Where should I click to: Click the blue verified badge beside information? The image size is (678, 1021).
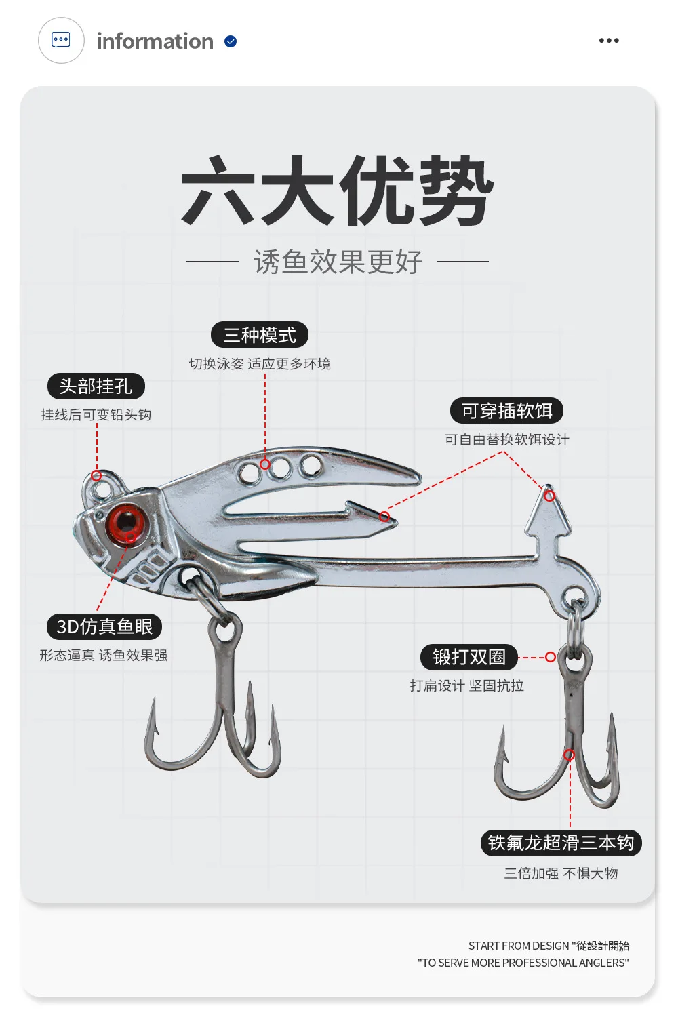[x=231, y=41]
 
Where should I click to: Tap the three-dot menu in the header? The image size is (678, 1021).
[x=609, y=41]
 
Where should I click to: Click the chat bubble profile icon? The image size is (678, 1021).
[x=61, y=40]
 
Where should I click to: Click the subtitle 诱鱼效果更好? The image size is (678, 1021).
[x=338, y=262]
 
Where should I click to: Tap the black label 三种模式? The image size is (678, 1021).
[x=260, y=335]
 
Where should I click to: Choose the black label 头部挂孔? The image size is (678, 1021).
[x=96, y=386]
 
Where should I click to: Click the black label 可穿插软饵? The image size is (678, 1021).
[x=506, y=411]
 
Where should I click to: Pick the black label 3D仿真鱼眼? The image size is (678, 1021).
[x=104, y=626]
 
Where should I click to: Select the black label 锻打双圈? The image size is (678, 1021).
[x=469, y=657]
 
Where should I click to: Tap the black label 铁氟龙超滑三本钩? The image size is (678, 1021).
[x=561, y=843]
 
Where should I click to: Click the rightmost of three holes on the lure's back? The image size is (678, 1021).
[x=311, y=465]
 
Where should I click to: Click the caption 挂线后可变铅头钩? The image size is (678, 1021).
[x=96, y=415]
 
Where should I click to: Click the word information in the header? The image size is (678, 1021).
[x=155, y=41]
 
